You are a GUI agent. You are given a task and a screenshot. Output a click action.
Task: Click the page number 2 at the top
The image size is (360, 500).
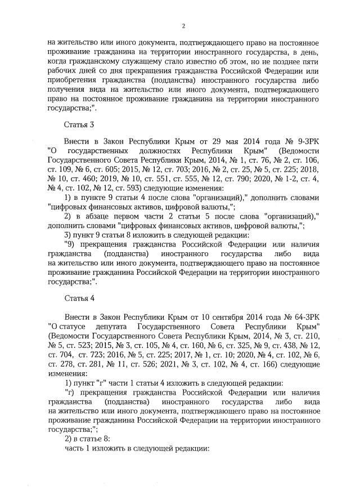click(183, 25)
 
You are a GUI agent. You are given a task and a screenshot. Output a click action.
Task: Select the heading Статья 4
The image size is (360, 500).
click(76, 299)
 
